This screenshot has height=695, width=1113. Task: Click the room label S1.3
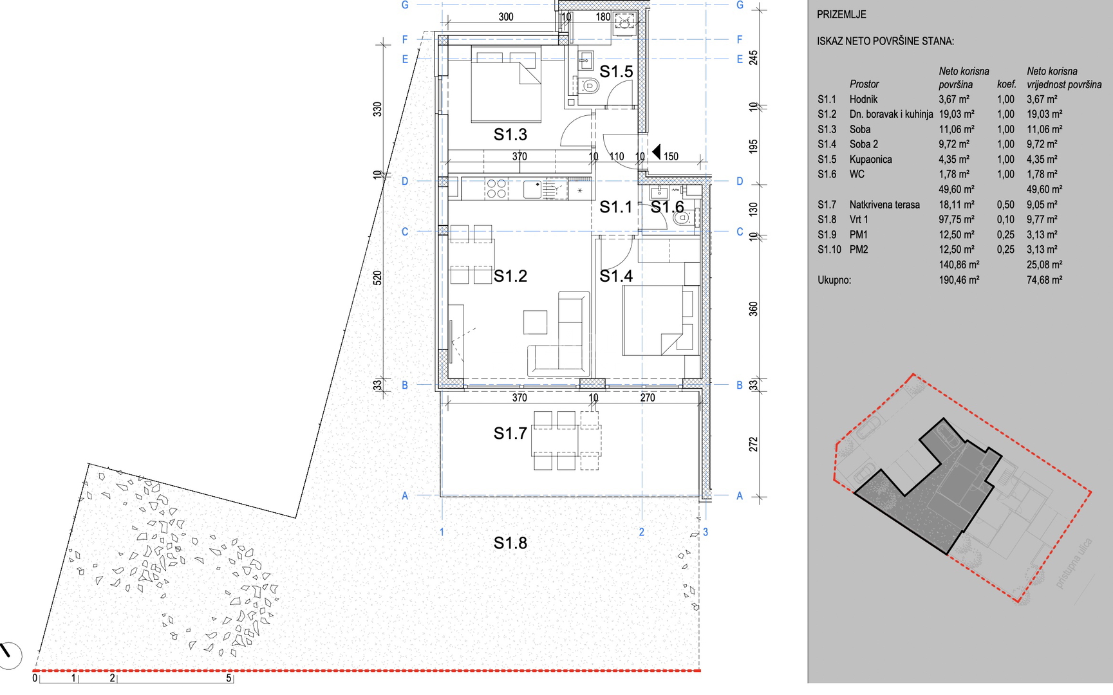click(510, 134)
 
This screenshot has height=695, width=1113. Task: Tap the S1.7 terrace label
click(510, 434)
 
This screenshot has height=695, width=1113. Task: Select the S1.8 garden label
click(510, 543)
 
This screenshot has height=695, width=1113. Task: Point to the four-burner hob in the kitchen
click(496, 189)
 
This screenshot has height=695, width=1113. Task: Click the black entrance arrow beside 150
click(656, 152)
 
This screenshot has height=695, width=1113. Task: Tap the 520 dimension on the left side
click(377, 278)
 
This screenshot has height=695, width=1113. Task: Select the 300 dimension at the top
click(506, 17)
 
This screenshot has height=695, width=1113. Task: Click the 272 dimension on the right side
click(753, 444)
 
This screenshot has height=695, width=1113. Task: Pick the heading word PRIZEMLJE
click(841, 14)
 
